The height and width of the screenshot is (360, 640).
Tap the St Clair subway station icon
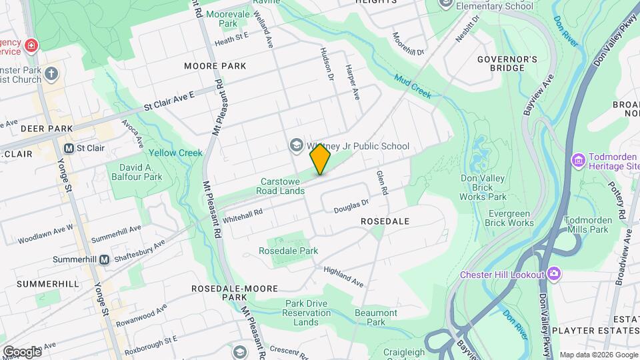(69, 148)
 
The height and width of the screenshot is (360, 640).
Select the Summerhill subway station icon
(105, 259)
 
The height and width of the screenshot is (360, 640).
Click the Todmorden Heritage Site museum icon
(578, 160)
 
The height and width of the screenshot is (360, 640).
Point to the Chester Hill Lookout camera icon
(553, 274)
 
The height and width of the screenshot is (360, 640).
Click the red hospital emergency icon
(31, 46)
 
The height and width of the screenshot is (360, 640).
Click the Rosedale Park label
(289, 251)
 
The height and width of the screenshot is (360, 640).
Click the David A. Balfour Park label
(141, 172)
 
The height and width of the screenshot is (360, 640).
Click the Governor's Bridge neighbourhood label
(507, 63)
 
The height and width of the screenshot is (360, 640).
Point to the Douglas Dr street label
(351, 206)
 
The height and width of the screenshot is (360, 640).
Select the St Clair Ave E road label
(170, 101)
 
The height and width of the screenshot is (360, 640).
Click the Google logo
(21, 351)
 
